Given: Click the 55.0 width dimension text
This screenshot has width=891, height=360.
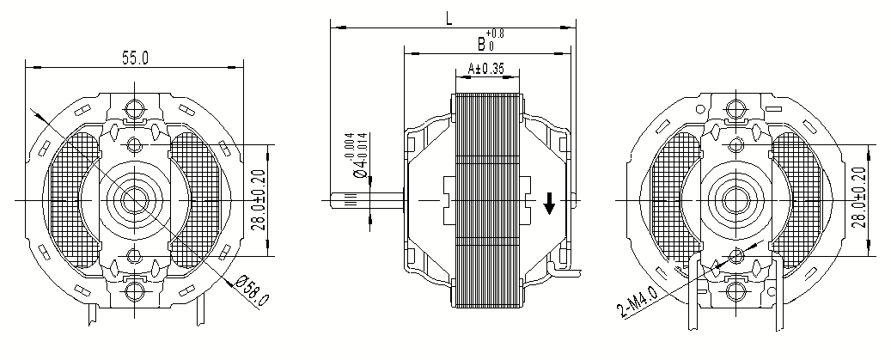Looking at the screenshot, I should click(x=135, y=58).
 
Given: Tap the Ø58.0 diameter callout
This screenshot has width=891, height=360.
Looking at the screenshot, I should click(x=253, y=290).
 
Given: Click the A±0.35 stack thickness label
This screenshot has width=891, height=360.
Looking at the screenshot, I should click(x=485, y=68).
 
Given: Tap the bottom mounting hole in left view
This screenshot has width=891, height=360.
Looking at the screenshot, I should click(x=134, y=292).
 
